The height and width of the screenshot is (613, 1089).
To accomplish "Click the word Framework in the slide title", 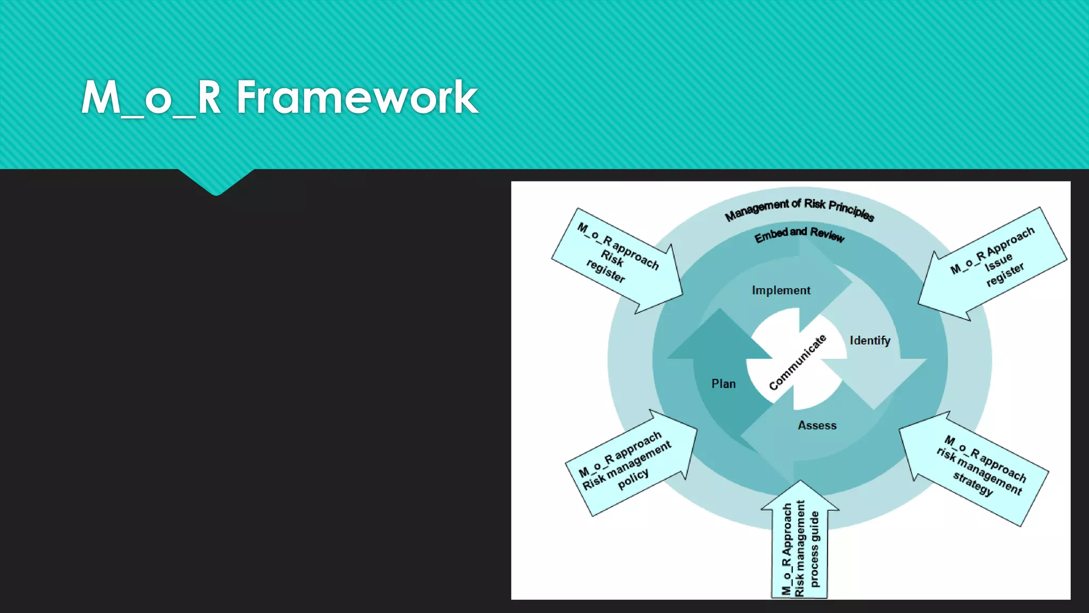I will (x=357, y=97).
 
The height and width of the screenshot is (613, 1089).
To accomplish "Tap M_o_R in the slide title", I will (x=151, y=97).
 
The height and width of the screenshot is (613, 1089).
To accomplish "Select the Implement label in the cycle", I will (x=781, y=291).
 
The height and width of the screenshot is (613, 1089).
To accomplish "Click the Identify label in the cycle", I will (x=869, y=341).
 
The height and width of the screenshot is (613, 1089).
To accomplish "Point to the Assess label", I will (x=817, y=426).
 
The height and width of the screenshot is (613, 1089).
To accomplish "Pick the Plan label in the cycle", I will (x=723, y=384).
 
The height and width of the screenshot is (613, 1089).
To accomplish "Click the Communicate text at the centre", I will (x=797, y=362).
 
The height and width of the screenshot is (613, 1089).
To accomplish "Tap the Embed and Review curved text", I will (x=799, y=234).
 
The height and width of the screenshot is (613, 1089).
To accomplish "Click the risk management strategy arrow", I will (x=976, y=468).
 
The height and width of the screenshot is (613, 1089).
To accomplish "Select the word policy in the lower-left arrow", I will (x=633, y=478).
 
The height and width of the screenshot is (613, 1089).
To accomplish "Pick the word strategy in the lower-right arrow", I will (x=973, y=483).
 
